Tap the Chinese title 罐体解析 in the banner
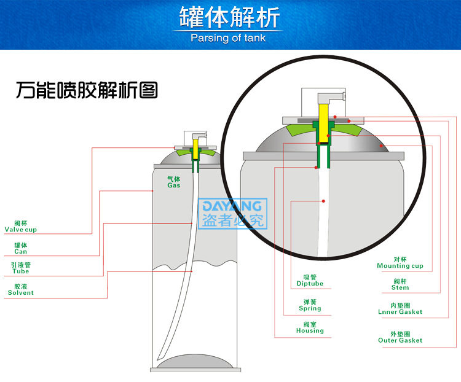pyautogui.click(x=229, y=17)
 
